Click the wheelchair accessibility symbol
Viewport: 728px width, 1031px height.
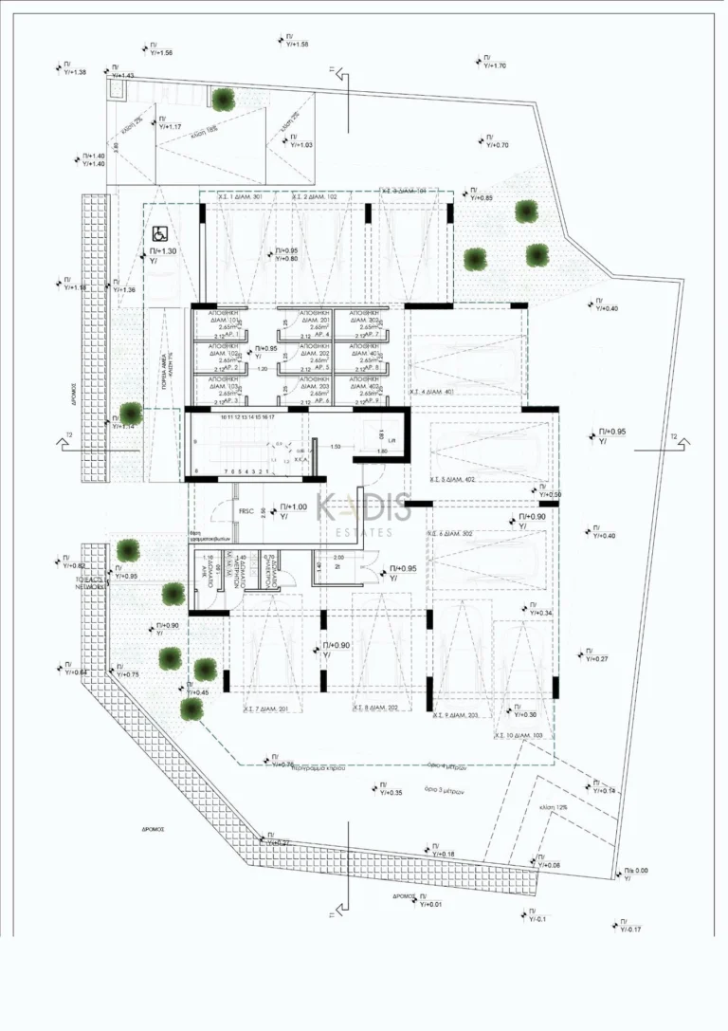158,231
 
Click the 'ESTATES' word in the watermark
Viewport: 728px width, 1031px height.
364,533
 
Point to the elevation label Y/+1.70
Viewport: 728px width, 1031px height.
495,65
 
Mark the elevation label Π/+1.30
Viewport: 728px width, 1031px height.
163,251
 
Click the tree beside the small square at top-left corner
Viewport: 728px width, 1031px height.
224,97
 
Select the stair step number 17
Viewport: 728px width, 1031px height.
271,416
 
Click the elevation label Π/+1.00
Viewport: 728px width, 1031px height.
294,507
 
